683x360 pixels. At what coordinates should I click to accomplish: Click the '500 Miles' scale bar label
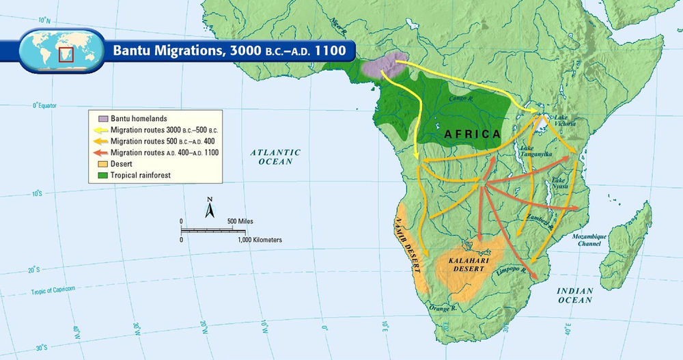coord(240,221)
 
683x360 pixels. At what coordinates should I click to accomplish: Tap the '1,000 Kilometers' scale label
coord(260,240)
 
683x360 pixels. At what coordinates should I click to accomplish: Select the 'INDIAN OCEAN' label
coord(574,295)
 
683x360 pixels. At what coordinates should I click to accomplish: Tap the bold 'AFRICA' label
coord(472,134)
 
